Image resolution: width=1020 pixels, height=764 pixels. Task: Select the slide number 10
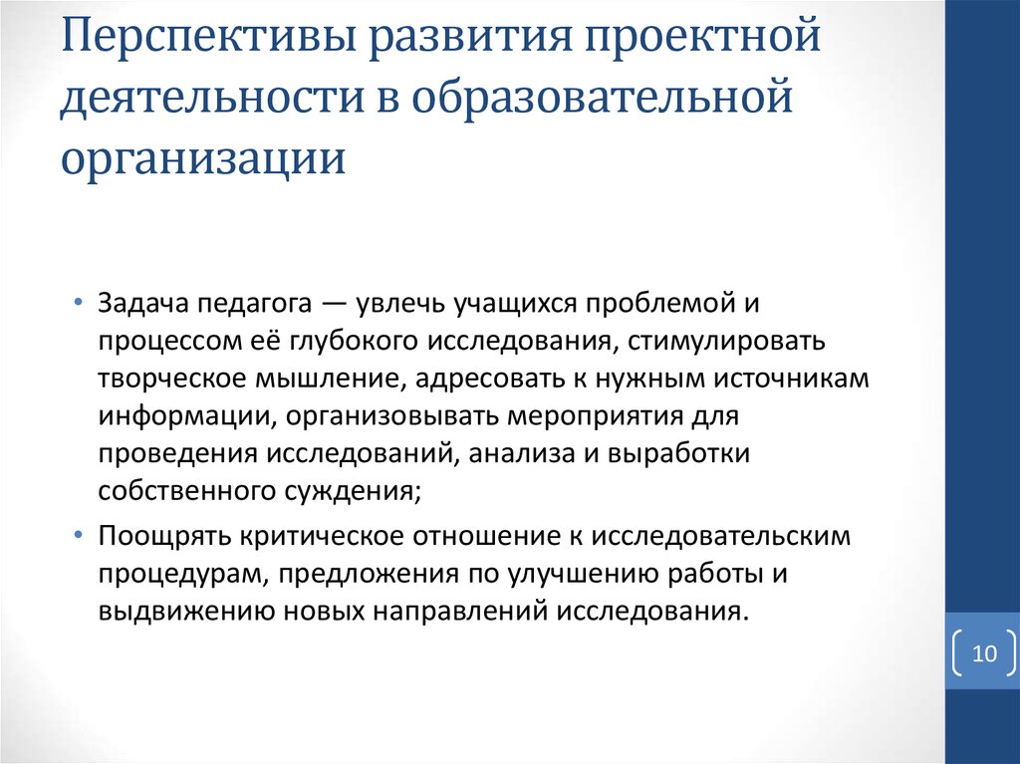coord(984,653)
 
